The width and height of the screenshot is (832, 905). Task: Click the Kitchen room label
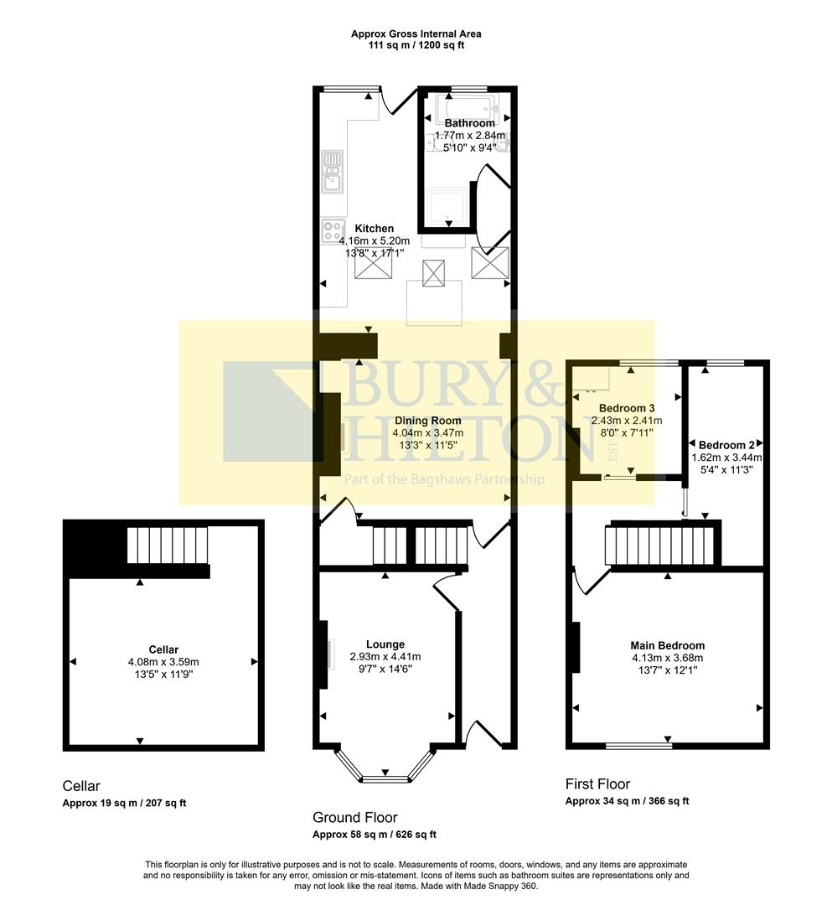point(374,229)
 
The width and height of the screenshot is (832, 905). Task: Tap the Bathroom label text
point(469,123)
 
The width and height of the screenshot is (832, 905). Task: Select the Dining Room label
point(427,421)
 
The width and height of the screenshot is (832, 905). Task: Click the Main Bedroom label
point(667,645)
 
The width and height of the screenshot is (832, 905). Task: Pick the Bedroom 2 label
point(721,445)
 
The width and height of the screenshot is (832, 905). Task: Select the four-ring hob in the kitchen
point(333,231)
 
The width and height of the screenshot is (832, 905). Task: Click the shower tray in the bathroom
point(450,207)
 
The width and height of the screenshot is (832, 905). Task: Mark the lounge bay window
point(385,776)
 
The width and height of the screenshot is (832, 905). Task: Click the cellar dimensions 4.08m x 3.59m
point(163,662)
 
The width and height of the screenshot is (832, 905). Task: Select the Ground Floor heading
point(354,817)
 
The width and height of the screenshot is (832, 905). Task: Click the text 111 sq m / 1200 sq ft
point(416,45)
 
